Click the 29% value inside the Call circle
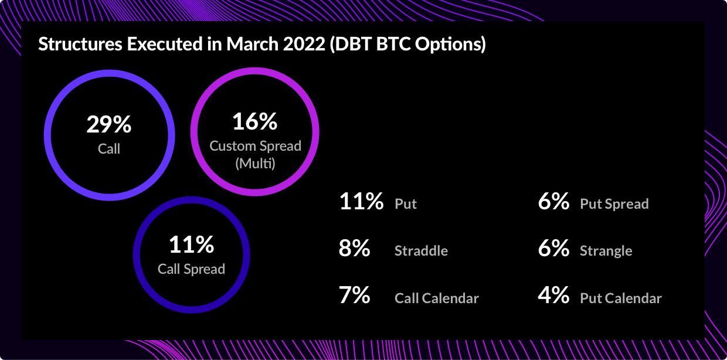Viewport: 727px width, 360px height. (x=109, y=124)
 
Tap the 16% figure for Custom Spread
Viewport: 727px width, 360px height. (x=255, y=121)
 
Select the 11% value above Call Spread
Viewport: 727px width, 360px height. (x=192, y=244)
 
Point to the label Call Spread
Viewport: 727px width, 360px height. (x=192, y=269)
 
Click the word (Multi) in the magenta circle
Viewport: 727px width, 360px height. (x=255, y=163)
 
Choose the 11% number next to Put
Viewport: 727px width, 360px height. (x=361, y=201)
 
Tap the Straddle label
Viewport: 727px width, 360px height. (x=422, y=251)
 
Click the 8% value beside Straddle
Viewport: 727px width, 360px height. (x=354, y=249)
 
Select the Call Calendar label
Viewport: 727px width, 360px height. (x=437, y=298)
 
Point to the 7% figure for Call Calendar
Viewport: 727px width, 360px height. (x=354, y=295)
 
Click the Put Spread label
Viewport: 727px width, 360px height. (x=614, y=204)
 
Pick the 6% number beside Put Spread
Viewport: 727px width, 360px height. (x=553, y=201)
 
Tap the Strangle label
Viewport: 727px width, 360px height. (x=606, y=251)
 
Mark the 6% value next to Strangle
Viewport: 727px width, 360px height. (x=553, y=249)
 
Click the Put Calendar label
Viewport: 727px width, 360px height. (x=620, y=298)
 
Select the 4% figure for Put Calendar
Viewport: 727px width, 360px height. (x=553, y=295)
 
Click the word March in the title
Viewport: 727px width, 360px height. (x=253, y=44)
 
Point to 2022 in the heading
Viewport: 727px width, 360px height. (x=304, y=44)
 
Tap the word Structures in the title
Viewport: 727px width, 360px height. (x=80, y=44)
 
